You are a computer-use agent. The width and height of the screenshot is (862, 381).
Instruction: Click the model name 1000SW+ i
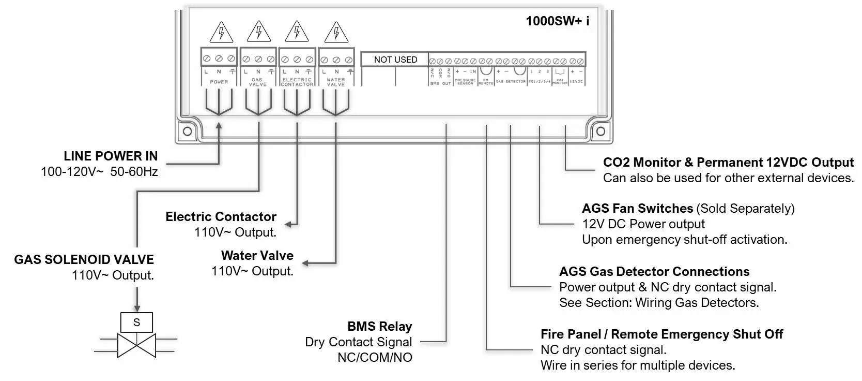[x=557, y=21]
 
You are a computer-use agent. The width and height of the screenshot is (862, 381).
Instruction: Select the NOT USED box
[x=395, y=60]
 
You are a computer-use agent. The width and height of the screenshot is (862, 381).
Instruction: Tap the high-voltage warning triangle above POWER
[x=221, y=33]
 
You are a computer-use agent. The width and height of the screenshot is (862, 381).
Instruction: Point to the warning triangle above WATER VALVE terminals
[x=336, y=33]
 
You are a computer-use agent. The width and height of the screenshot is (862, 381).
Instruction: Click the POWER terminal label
[x=219, y=82]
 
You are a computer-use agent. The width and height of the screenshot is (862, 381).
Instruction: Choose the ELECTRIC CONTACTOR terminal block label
[x=297, y=82]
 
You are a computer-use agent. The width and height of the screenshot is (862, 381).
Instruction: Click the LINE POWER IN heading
[x=111, y=156]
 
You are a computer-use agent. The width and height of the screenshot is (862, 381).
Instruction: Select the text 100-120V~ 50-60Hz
[x=99, y=171]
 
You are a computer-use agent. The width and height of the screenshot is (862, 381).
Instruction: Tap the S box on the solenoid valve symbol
[x=136, y=322]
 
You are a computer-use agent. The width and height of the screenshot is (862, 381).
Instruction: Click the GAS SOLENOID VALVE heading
[x=84, y=259]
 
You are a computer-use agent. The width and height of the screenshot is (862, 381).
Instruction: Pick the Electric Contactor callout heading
[x=221, y=216]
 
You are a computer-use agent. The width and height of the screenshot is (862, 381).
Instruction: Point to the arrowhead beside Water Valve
[x=305, y=263]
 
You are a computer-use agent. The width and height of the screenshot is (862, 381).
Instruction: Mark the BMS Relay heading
[x=380, y=326]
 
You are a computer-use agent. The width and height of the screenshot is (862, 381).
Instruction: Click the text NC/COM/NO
[x=375, y=357]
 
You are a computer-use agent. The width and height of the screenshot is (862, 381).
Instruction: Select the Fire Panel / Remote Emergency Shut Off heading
[x=661, y=334]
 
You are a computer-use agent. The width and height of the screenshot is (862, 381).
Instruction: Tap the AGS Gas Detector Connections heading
[x=654, y=271]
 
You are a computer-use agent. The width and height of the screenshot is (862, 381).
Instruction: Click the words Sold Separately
[x=745, y=208]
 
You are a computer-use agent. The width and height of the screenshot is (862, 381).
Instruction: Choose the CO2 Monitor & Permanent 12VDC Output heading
[x=728, y=162]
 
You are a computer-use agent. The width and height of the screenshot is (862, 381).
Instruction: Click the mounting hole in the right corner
[x=601, y=131]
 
